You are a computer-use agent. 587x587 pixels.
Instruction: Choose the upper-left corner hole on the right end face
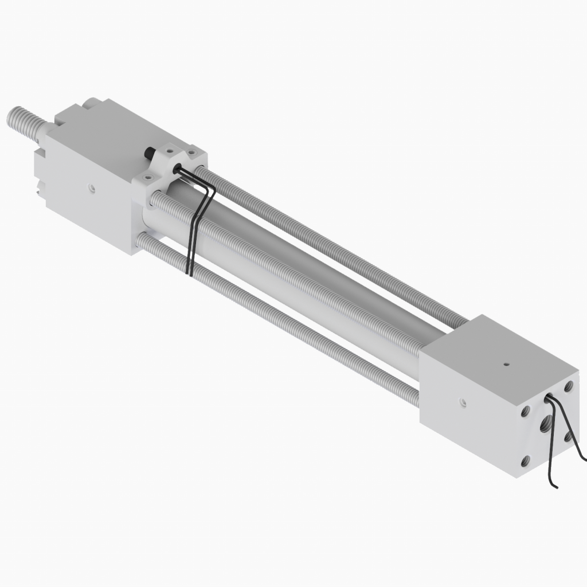[525, 412]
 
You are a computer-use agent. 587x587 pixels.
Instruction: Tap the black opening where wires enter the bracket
[177, 169]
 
